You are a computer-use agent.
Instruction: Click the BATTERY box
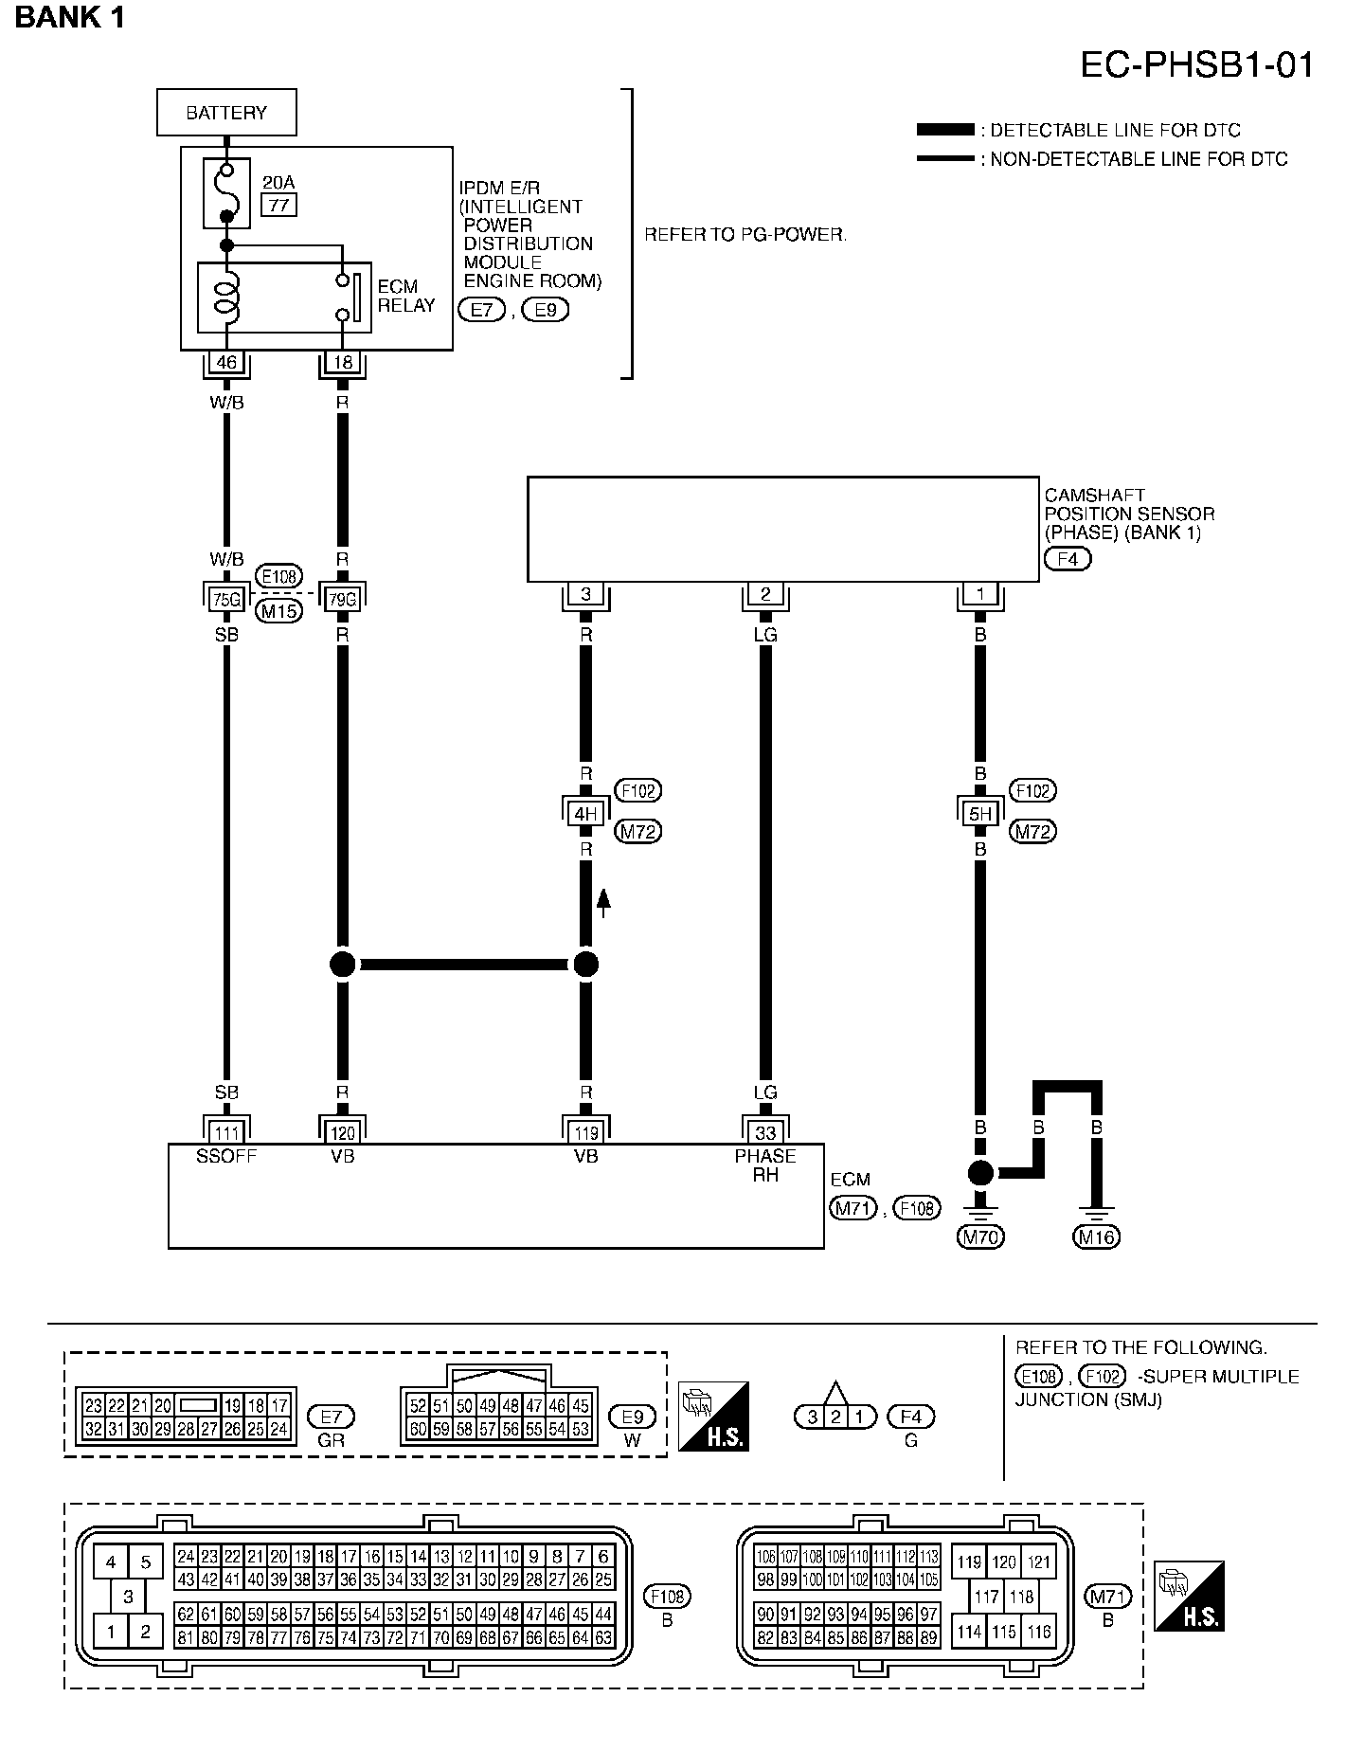point(226,113)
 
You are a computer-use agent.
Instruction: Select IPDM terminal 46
point(226,362)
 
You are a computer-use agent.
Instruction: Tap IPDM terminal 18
point(342,362)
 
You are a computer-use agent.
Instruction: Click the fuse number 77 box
point(279,204)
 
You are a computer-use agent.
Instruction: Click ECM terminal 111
point(226,1133)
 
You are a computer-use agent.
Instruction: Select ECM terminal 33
point(765,1133)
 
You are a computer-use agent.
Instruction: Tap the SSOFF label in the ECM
point(226,1157)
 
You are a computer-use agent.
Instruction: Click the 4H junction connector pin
point(586,813)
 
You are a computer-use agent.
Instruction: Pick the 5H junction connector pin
point(980,813)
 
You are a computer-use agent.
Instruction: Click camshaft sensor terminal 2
point(765,595)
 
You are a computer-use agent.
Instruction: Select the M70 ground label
point(981,1237)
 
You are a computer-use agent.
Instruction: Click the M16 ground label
point(1096,1237)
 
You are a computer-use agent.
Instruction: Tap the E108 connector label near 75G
point(279,575)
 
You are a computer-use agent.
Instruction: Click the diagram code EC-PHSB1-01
point(1197,64)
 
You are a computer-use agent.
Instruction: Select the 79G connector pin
point(342,598)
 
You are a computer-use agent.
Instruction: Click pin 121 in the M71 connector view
point(1039,1562)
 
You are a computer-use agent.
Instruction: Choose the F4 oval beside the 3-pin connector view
point(910,1417)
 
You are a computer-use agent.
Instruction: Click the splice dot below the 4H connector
point(586,965)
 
